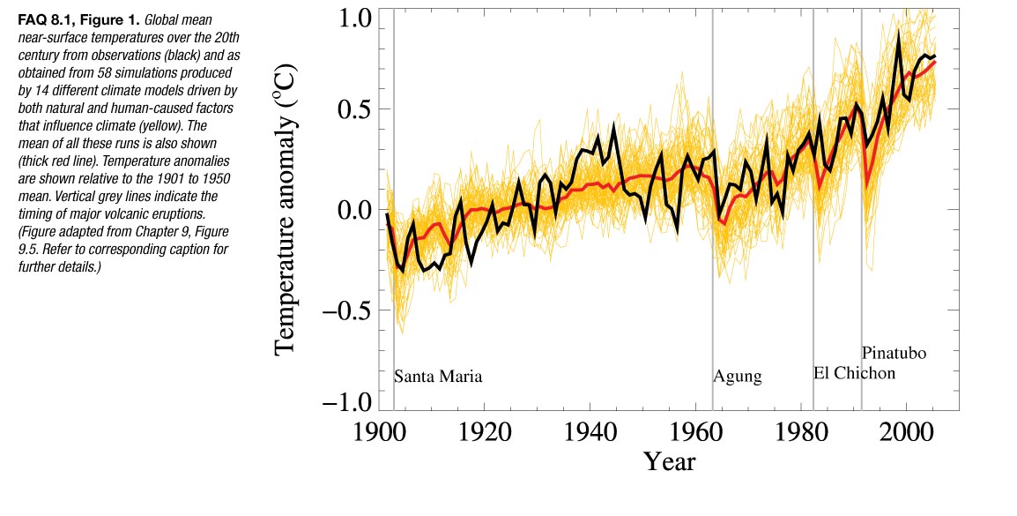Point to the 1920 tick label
[x=485, y=435]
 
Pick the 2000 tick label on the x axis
[x=907, y=435]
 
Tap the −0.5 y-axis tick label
[x=347, y=310]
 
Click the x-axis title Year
[x=669, y=461]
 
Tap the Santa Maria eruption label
[x=438, y=377]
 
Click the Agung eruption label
[x=737, y=378]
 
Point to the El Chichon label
[x=854, y=373]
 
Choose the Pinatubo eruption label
[x=894, y=354]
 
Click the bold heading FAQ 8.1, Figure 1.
[x=77, y=19]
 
